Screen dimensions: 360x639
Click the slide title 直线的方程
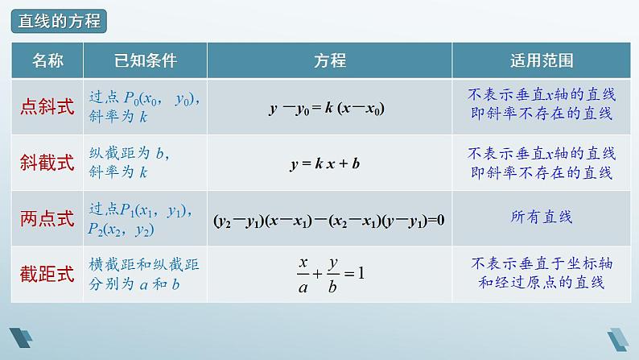(60, 22)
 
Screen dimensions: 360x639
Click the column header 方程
(329, 61)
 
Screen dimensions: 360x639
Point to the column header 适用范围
(542, 61)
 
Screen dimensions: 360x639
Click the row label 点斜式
(47, 107)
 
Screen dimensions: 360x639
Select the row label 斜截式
(47, 163)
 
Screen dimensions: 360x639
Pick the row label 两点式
(47, 218)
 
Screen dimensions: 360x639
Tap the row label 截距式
(47, 273)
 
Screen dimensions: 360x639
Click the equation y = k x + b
(324, 163)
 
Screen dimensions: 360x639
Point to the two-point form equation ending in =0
(329, 218)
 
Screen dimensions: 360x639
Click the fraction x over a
(303, 273)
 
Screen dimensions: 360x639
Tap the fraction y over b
(332, 273)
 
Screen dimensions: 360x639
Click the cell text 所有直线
(541, 217)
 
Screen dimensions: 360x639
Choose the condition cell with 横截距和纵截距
(141, 273)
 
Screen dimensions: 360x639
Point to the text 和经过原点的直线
(541, 283)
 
